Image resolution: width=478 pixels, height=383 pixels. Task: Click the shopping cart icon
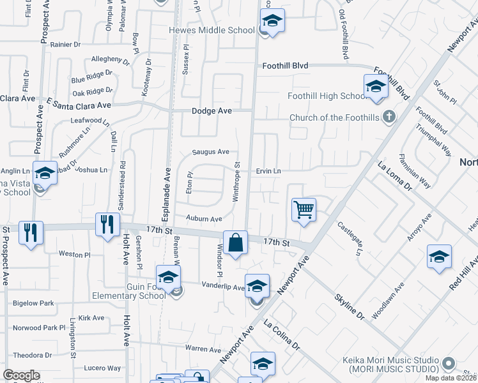coord(304,209)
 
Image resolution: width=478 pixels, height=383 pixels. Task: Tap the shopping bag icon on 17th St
coord(235,243)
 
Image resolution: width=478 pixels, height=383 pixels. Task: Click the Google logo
coord(21,375)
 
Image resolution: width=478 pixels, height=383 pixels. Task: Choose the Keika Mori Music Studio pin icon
coord(449,364)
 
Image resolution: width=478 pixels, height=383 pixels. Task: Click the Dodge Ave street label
coord(212,110)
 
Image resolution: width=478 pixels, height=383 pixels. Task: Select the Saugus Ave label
coord(211,152)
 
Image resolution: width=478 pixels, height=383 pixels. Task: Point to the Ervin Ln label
coord(268,171)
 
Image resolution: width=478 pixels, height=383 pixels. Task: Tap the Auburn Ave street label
coord(204,218)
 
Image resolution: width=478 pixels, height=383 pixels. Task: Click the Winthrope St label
coord(236,182)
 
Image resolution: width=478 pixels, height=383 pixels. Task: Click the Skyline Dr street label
coord(350,307)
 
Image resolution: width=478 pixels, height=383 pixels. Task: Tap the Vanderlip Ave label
coord(223,287)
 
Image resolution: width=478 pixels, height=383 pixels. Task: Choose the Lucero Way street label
coord(102,368)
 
